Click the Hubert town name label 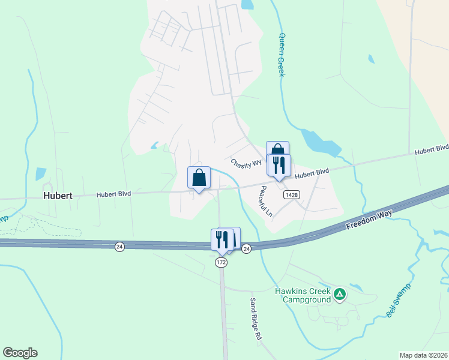[x=58, y=196]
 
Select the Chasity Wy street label [x=246, y=163]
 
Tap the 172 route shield [x=221, y=263]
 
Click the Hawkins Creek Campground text [x=303, y=295]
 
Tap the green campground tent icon [x=340, y=293]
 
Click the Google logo [x=20, y=353]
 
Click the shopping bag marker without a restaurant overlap [x=199, y=178]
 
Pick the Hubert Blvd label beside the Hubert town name [x=114, y=194]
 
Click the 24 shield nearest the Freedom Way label [x=247, y=249]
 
